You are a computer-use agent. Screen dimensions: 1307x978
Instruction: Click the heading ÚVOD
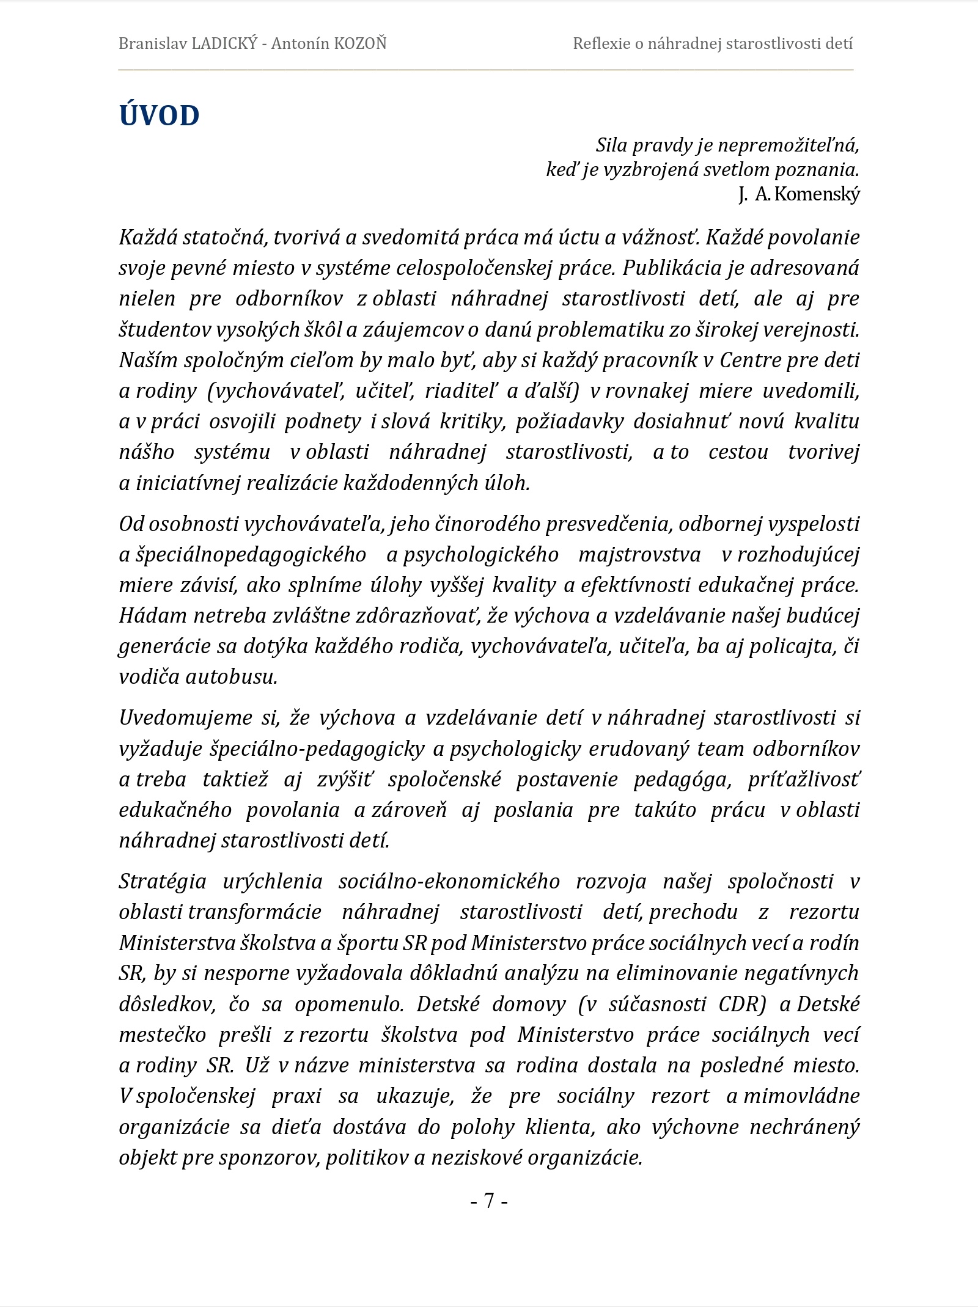click(159, 115)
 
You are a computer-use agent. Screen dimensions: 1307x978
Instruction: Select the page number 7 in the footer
click(489, 1201)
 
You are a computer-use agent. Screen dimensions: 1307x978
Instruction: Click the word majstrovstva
click(639, 554)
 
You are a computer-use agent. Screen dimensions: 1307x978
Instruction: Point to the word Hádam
click(153, 615)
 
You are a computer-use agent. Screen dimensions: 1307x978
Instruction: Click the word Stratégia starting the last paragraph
click(163, 881)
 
